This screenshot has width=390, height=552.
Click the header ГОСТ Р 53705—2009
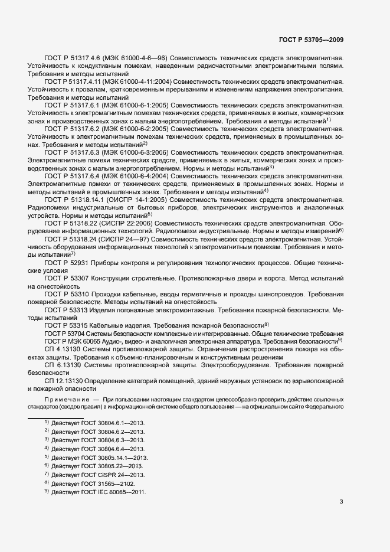pyautogui.click(x=310, y=40)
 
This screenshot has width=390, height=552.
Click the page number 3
pyautogui.click(x=341, y=502)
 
